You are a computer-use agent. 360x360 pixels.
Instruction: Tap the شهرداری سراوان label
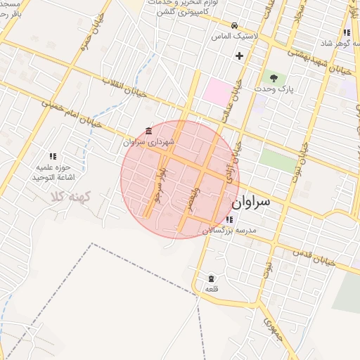(x=143, y=141)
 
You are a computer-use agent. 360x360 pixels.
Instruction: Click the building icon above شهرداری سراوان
(x=148, y=130)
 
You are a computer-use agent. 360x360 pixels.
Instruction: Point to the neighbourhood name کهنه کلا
(x=66, y=198)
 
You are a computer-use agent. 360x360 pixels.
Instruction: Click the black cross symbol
(x=239, y=55)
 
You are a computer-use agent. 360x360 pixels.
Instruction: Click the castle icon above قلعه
(x=211, y=278)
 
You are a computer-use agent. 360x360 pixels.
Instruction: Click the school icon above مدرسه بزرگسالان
(x=229, y=219)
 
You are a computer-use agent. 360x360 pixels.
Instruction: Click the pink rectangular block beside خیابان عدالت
(x=217, y=91)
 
